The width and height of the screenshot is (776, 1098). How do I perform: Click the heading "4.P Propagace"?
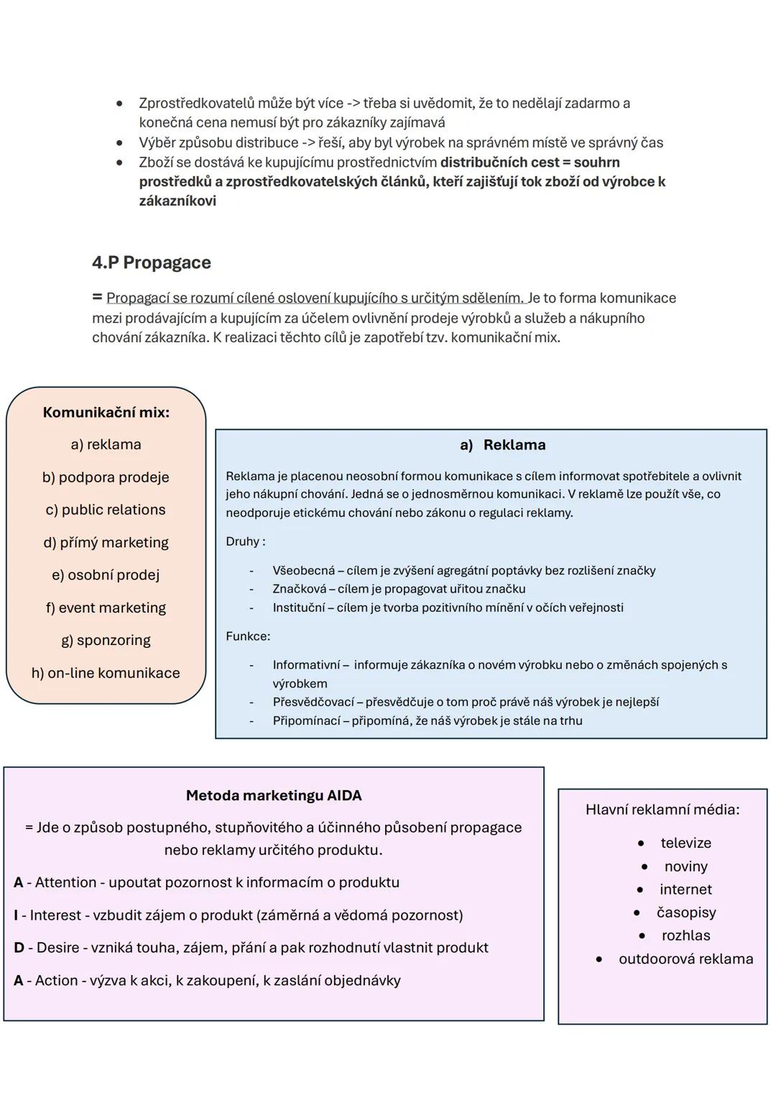click(x=151, y=262)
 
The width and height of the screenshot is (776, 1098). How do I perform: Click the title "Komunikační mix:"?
click(x=106, y=413)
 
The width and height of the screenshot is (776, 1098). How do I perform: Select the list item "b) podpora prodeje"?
click(x=106, y=477)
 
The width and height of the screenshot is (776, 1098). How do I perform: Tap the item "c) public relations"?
click(x=106, y=510)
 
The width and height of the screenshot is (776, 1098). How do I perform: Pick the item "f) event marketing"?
click(x=106, y=608)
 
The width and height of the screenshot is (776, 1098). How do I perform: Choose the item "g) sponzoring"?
click(x=106, y=640)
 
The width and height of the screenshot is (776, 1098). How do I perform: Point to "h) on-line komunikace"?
click(x=106, y=673)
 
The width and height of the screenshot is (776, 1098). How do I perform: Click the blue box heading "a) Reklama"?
click(x=503, y=445)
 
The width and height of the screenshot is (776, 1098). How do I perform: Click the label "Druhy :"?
click(x=245, y=541)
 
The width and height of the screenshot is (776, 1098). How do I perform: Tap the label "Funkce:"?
click(x=248, y=636)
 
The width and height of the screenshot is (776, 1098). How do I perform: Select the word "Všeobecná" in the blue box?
click(x=303, y=571)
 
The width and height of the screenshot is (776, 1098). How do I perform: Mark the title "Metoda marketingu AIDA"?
click(x=274, y=796)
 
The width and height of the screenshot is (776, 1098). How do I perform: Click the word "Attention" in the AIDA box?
click(x=65, y=882)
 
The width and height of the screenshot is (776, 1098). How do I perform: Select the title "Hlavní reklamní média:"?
click(x=662, y=810)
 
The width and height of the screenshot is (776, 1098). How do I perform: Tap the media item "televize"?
click(x=685, y=843)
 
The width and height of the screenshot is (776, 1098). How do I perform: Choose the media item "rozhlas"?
click(x=685, y=935)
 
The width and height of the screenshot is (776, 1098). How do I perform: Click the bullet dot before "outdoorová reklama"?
click(x=599, y=959)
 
